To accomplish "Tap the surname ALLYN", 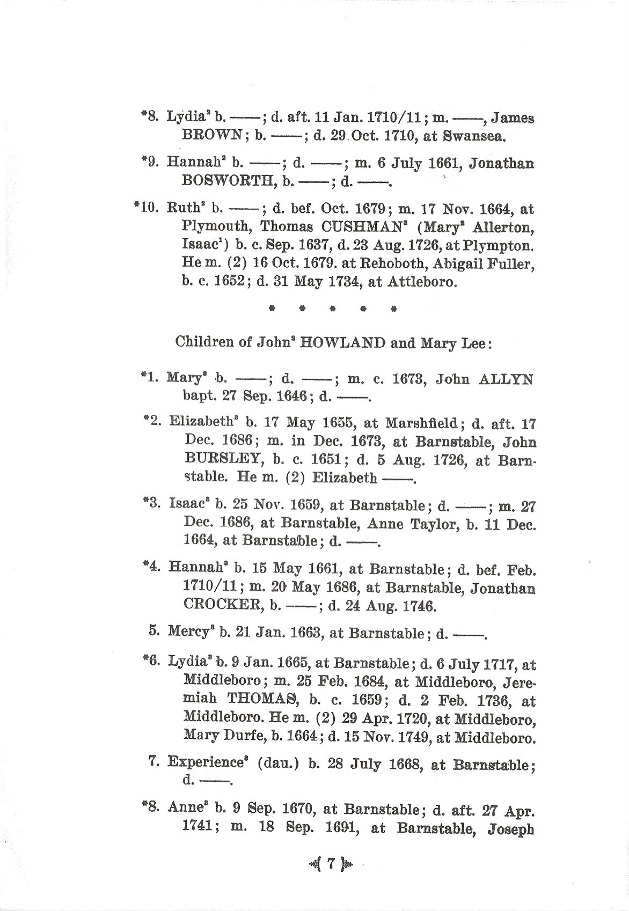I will pyautogui.click(x=506, y=380).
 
